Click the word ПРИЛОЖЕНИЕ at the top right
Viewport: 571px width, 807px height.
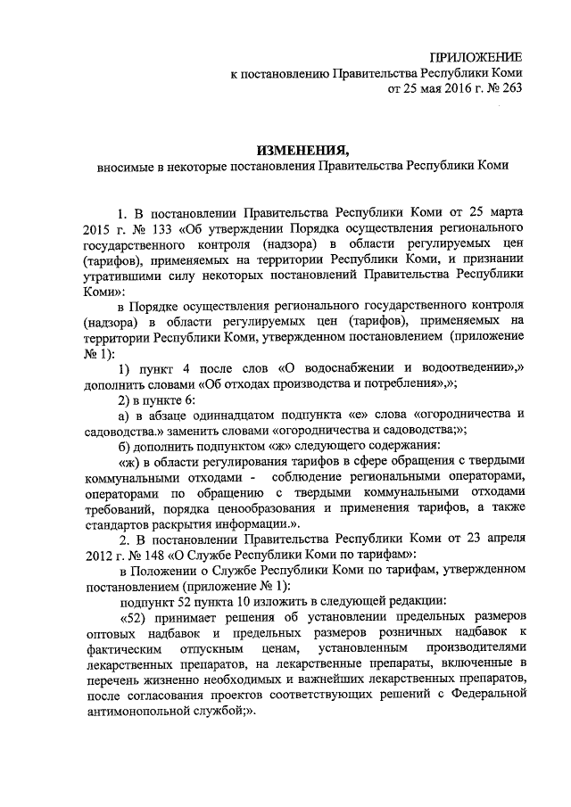pos(474,57)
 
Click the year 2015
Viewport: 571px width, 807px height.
pos(100,230)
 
